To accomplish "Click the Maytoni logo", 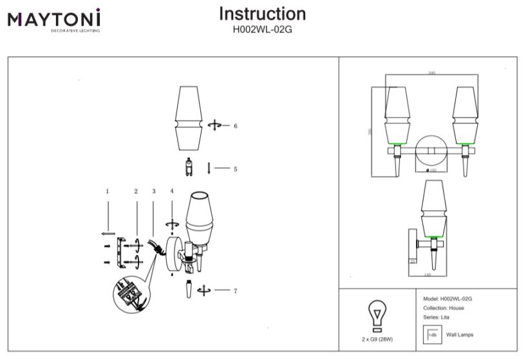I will tap(54, 19).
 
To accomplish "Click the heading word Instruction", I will tap(262, 14).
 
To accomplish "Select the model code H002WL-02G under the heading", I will tap(262, 29).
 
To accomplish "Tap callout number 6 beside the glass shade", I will tap(236, 126).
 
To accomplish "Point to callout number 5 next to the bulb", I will tap(236, 169).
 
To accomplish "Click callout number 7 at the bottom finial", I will tap(236, 291).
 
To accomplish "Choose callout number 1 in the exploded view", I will tap(108, 191).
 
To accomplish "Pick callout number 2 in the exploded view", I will tap(136, 191).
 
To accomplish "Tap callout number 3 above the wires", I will tap(154, 191).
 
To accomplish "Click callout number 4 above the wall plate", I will tap(172, 191).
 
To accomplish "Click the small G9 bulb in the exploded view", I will tap(189, 167).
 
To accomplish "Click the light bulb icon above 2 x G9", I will tap(377, 316).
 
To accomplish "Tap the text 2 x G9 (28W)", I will tap(377, 339).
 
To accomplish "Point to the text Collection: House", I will tap(444, 308).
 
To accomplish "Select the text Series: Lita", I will tap(437, 317).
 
